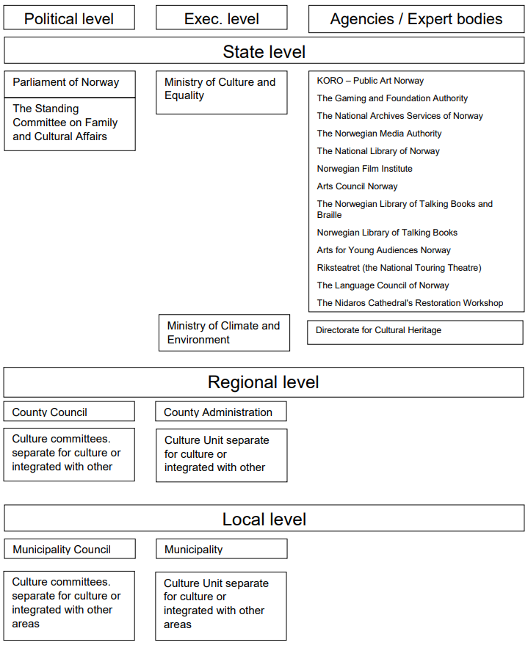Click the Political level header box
[x=69, y=18]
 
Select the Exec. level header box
[x=221, y=18]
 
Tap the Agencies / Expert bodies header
[x=416, y=19]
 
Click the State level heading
[x=264, y=51]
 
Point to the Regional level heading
[x=264, y=382]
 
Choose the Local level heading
[x=264, y=518]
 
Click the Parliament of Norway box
[x=70, y=84]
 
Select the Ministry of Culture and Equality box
[x=221, y=92]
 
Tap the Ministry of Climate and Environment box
[x=224, y=333]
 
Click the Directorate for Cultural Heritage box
[x=415, y=332]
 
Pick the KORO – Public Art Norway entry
[x=370, y=81]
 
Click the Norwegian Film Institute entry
[x=364, y=169]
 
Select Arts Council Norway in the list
[x=357, y=186]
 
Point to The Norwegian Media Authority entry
[x=379, y=134]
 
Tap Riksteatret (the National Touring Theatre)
[x=399, y=268]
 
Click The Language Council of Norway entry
[x=383, y=285]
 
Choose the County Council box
[x=69, y=412]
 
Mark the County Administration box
[x=221, y=412]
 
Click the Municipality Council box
[x=70, y=549]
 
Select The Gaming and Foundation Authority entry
[x=392, y=98]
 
